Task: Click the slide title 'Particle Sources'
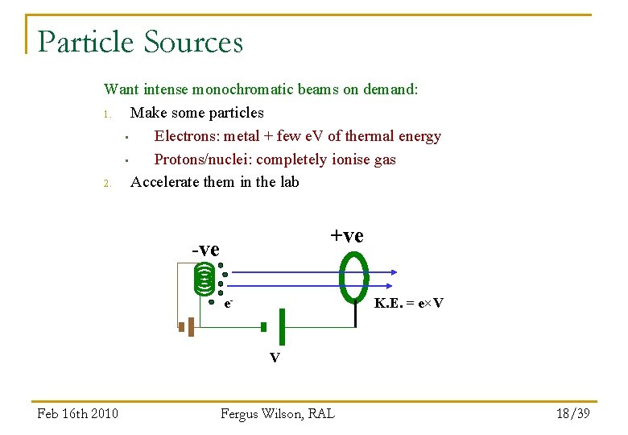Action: pyautogui.click(x=140, y=42)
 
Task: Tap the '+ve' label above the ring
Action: pyautogui.click(x=347, y=236)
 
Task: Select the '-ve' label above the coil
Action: pyautogui.click(x=205, y=250)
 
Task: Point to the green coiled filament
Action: pyautogui.click(x=205, y=279)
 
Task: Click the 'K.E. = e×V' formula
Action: pyautogui.click(x=409, y=303)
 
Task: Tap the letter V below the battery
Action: pyautogui.click(x=275, y=358)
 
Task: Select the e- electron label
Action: pyautogui.click(x=229, y=304)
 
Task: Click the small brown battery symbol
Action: pyautogui.click(x=187, y=327)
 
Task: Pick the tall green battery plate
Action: pyautogui.click(x=282, y=326)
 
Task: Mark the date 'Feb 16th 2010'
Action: pyautogui.click(x=78, y=413)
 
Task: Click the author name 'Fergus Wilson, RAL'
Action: pyautogui.click(x=277, y=413)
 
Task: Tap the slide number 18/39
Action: pyautogui.click(x=572, y=413)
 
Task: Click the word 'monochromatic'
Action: pyautogui.click(x=246, y=89)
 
